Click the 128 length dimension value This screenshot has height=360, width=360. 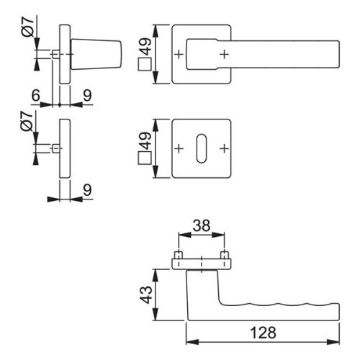(x=263, y=333)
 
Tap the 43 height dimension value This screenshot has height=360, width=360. (x=146, y=294)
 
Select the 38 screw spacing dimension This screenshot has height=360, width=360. (x=202, y=225)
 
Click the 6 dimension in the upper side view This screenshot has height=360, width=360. (x=35, y=95)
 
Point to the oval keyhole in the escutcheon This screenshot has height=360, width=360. (x=202, y=149)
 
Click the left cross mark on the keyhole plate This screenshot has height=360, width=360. (x=179, y=149)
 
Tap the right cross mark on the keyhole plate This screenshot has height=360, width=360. (x=224, y=149)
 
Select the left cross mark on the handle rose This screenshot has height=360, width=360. (x=179, y=55)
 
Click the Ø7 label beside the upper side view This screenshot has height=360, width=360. (x=28, y=27)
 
